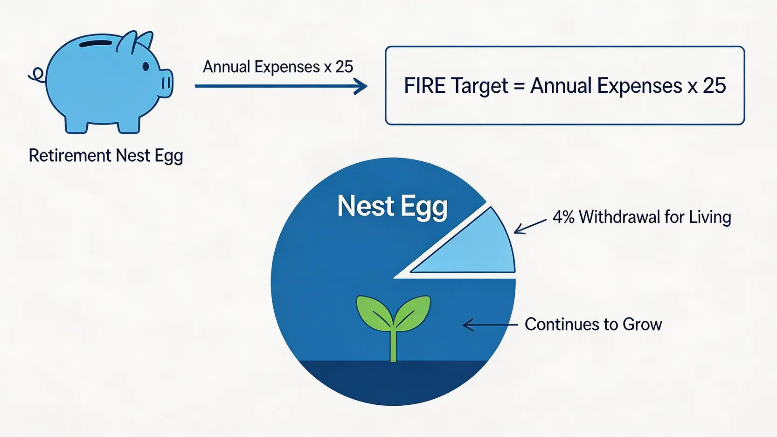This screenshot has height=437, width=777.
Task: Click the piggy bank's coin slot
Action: [96, 44]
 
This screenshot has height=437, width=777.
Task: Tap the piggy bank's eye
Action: [146, 66]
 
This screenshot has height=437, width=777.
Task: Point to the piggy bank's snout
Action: [166, 83]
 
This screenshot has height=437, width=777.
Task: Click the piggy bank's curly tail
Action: [37, 75]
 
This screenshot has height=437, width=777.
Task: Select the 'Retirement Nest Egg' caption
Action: [106, 156]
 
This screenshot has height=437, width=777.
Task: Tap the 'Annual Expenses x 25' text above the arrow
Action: [278, 67]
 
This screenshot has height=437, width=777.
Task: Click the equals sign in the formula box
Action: [519, 86]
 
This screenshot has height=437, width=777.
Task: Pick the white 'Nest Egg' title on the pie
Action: [392, 207]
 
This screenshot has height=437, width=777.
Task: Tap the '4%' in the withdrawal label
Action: [562, 217]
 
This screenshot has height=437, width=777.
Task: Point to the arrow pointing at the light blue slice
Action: [530, 226]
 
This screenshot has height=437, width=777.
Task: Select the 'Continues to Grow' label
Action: [593, 324]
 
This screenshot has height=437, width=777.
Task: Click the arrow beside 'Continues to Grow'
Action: [490, 325]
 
